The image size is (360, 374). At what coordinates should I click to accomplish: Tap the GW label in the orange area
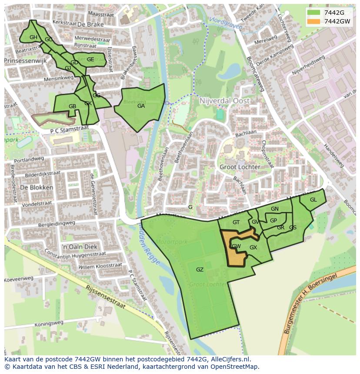coord(236,246)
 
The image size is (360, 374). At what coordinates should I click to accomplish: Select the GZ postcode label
coord(200,270)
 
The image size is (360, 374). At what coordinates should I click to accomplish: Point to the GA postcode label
coord(141,106)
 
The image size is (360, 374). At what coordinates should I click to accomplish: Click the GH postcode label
coord(33,37)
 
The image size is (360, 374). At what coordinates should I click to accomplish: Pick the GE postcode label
coord(90,60)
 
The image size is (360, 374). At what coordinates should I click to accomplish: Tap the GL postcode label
coord(313,200)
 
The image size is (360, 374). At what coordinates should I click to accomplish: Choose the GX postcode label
coord(253,248)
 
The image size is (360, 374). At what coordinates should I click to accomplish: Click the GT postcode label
coord(236,222)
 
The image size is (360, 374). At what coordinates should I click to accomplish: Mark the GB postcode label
coord(73,106)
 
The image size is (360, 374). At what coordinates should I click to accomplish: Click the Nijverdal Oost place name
coord(224,101)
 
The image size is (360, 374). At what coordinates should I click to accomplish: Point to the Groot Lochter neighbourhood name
coord(240,167)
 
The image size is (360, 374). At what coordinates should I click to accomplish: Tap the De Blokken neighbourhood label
coord(37,188)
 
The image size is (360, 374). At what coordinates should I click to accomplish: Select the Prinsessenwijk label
coord(25,61)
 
